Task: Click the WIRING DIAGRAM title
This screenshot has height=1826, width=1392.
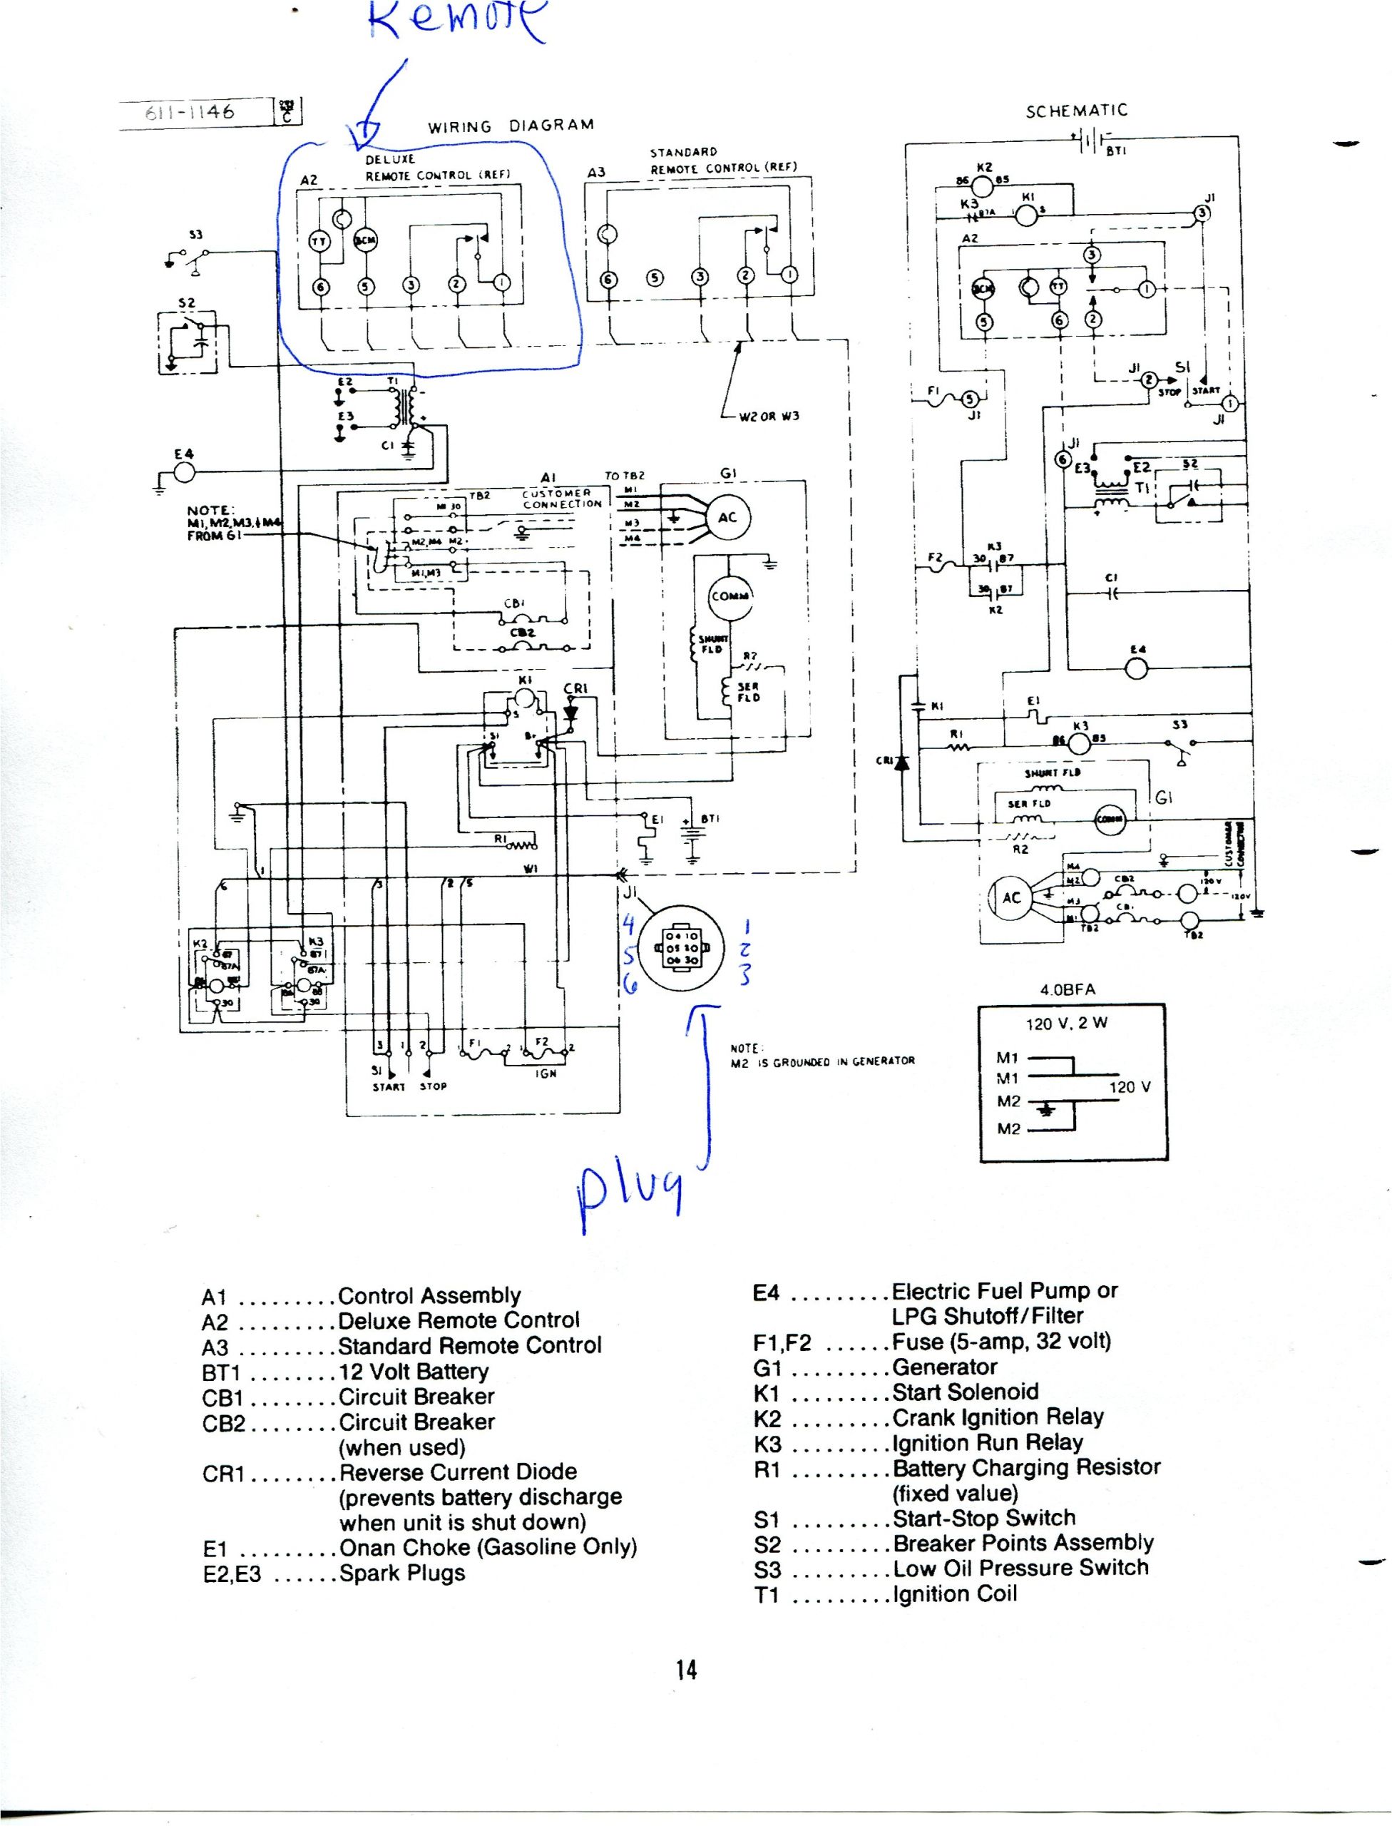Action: pyautogui.click(x=511, y=126)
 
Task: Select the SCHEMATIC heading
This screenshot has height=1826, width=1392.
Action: pyautogui.click(x=1076, y=111)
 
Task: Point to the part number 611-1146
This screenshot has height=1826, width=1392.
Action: pyautogui.click(x=190, y=111)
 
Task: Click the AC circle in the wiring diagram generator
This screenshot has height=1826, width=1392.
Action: pyautogui.click(x=727, y=517)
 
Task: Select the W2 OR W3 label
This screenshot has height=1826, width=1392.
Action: pyautogui.click(x=769, y=416)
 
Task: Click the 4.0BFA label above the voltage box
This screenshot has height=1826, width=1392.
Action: pyautogui.click(x=1068, y=989)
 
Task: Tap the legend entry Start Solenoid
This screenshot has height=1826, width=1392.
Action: pyautogui.click(x=966, y=1392)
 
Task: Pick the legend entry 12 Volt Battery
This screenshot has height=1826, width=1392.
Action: pyautogui.click(x=413, y=1371)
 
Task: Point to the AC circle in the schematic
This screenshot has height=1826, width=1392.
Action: pyautogui.click(x=1012, y=899)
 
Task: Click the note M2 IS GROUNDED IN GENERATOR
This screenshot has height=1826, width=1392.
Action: pyautogui.click(x=823, y=1060)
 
